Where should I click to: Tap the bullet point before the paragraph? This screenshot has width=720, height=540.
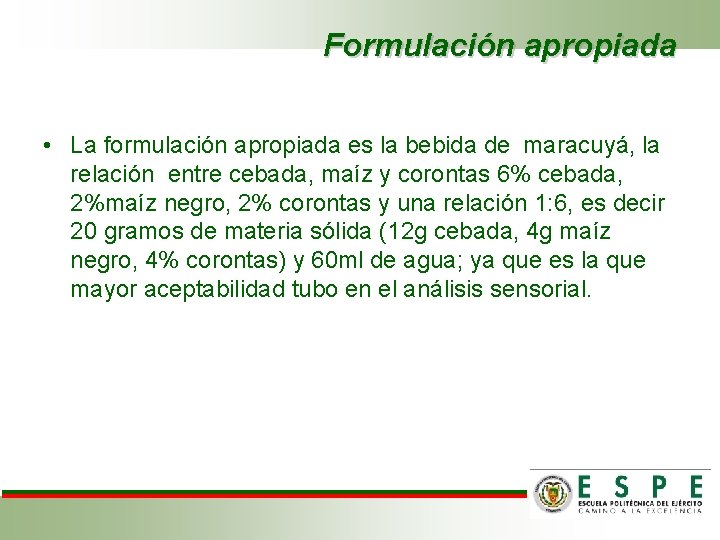click(x=47, y=146)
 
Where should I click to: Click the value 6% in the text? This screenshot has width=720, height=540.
click(x=501, y=175)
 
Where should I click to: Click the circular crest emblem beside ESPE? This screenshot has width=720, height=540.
click(x=553, y=492)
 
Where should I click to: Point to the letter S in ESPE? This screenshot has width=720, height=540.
click(x=621, y=487)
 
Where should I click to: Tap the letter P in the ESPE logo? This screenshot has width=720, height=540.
click(x=657, y=487)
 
